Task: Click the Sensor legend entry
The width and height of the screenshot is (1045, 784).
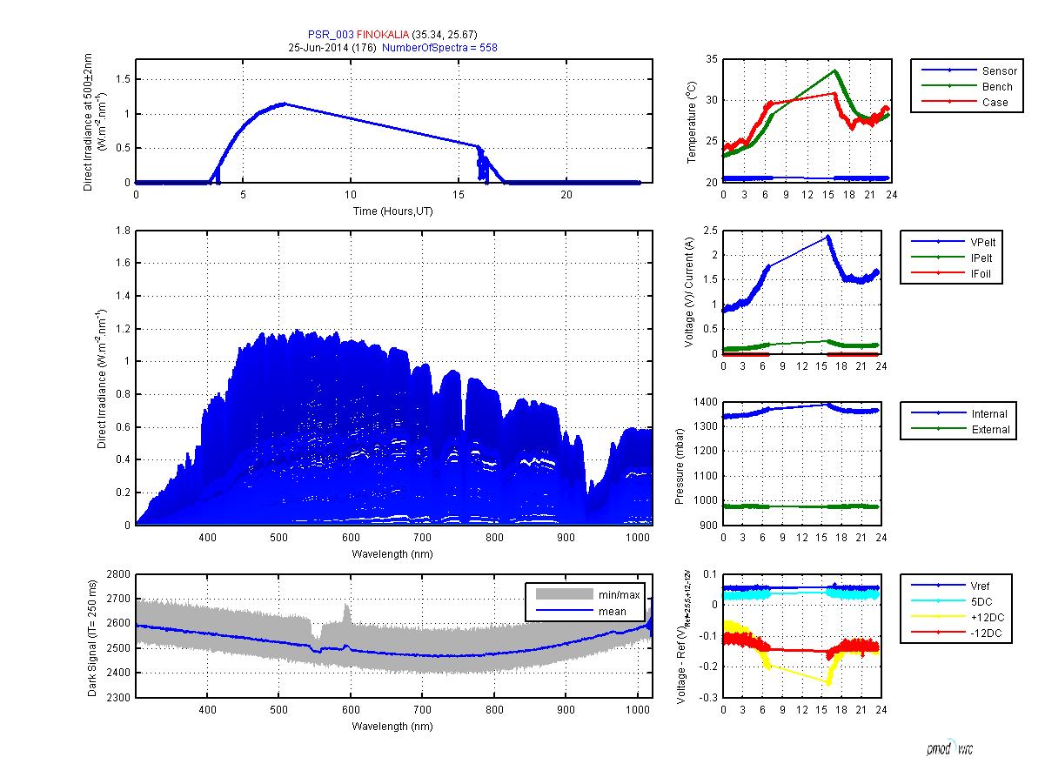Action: (995, 70)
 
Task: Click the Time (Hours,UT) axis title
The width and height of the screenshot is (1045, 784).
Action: (394, 211)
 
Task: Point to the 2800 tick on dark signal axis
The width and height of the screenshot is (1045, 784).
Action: (117, 574)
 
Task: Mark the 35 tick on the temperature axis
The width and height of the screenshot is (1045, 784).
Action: (711, 59)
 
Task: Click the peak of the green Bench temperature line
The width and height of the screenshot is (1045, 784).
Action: (834, 70)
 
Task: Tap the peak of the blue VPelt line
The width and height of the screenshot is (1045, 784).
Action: (828, 236)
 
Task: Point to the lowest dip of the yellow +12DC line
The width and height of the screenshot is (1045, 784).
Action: (828, 684)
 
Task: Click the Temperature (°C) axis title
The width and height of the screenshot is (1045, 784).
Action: (692, 121)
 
